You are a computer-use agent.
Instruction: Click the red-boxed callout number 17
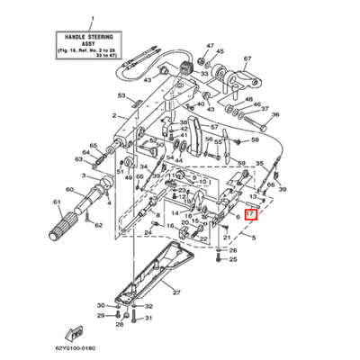(250, 216)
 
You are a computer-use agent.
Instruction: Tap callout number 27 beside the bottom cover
(177, 292)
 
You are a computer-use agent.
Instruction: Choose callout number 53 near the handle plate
(121, 95)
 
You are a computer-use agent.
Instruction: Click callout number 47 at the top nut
(210, 45)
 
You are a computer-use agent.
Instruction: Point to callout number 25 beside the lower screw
(232, 259)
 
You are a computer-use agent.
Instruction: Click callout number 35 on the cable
(261, 164)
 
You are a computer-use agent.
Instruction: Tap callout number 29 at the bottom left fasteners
(115, 317)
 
